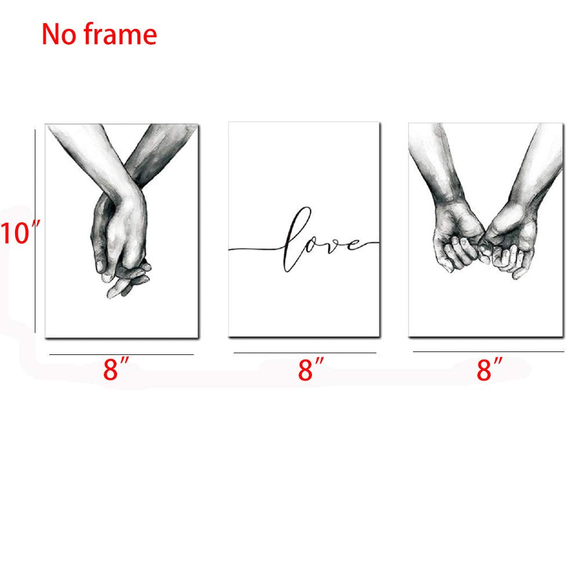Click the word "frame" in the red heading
pos(121,35)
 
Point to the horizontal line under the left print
pos(121,354)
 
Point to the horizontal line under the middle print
pos(304,353)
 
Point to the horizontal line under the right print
pos(488,351)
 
